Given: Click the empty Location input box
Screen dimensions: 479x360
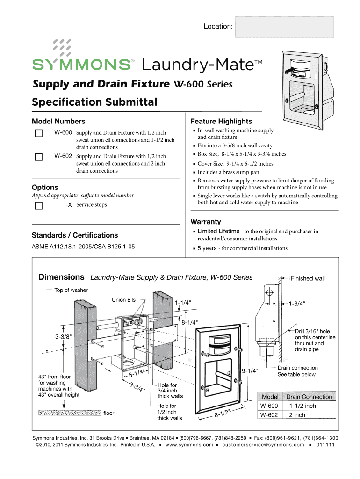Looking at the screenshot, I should tap(285, 27).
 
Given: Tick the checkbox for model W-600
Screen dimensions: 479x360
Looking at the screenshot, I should tap(39, 133).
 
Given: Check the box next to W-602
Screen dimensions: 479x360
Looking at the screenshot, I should tap(39, 157).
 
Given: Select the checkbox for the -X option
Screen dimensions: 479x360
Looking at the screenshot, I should tap(39, 205).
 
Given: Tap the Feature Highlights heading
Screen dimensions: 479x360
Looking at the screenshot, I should tap(221, 121).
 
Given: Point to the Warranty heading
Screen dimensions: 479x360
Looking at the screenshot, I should tap(206, 222).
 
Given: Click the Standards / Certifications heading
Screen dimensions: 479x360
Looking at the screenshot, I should tap(74, 235).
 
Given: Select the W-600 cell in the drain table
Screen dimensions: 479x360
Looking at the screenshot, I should tap(269, 406).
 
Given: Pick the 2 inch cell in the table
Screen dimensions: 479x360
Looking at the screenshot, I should tap(297, 415).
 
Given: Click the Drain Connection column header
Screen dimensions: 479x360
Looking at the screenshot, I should tap(309, 397).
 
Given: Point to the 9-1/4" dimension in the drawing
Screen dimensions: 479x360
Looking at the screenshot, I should tap(250, 371).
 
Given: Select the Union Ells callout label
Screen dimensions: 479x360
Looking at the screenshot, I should tap(124, 300).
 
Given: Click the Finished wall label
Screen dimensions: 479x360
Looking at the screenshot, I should tap(308, 279).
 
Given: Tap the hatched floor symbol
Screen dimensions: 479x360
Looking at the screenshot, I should tap(69, 413).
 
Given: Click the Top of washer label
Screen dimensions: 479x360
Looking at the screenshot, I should tap(71, 290).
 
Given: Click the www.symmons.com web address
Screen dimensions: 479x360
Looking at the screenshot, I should tap(189, 445).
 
